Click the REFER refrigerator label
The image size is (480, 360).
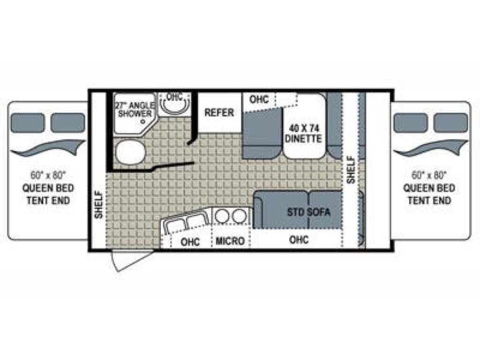coord(219,112)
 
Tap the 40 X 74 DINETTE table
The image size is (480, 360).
coord(303,126)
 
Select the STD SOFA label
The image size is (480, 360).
coord(308,212)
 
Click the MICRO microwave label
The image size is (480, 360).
coord(230,241)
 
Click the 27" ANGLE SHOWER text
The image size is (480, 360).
coord(135,110)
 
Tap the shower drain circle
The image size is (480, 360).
coord(142,122)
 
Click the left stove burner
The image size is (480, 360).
coord(222,216)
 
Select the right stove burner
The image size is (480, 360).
coord(239,216)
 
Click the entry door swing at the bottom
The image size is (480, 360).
coord(131,260)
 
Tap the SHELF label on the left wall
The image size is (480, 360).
coord(98,204)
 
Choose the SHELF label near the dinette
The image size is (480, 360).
coord(351,170)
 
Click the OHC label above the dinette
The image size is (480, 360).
coord(259,99)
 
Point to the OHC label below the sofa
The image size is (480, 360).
coord(299,240)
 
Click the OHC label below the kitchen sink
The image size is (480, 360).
coord(190,242)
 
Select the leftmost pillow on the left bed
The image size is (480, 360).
coord(27,122)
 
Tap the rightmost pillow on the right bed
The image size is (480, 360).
coord(450,122)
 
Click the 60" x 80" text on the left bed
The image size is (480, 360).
coord(48,175)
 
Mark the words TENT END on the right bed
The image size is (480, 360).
coord(429,200)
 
